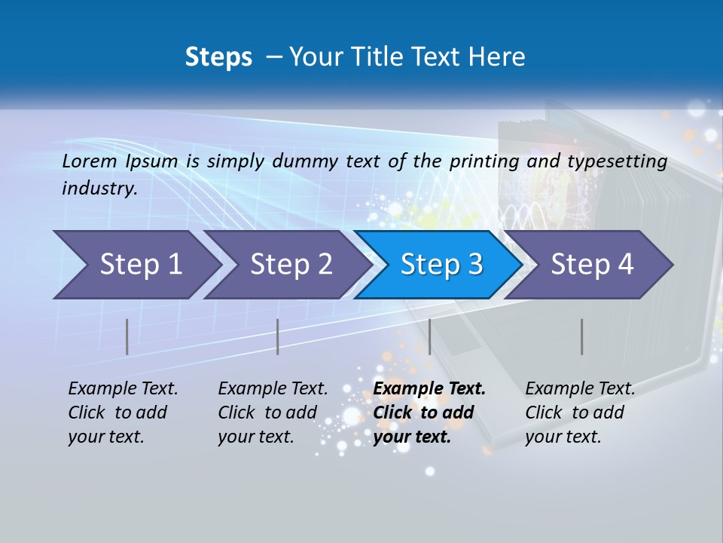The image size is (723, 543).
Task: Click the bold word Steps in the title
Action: coord(218,57)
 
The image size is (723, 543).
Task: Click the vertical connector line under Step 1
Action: coord(127,336)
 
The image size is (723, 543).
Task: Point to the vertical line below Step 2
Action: coord(278,336)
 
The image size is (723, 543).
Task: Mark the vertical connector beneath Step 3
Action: coord(429,336)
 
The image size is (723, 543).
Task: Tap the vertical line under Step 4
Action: coord(581,336)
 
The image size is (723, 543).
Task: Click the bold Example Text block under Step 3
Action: coord(429,413)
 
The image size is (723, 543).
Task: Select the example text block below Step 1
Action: coord(123,413)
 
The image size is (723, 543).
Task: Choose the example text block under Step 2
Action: coord(273,413)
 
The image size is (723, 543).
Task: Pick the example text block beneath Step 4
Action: coord(579,413)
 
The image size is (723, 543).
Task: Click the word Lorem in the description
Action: coord(90,161)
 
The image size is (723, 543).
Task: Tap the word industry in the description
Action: coord(99,189)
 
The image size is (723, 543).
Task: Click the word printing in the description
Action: coord(482,161)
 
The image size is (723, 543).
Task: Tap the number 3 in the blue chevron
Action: coord(474,265)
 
